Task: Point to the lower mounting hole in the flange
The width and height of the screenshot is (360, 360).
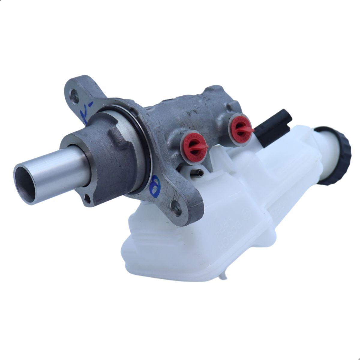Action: click(x=175, y=206)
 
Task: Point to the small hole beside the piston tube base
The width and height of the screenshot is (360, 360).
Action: click(x=87, y=198)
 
